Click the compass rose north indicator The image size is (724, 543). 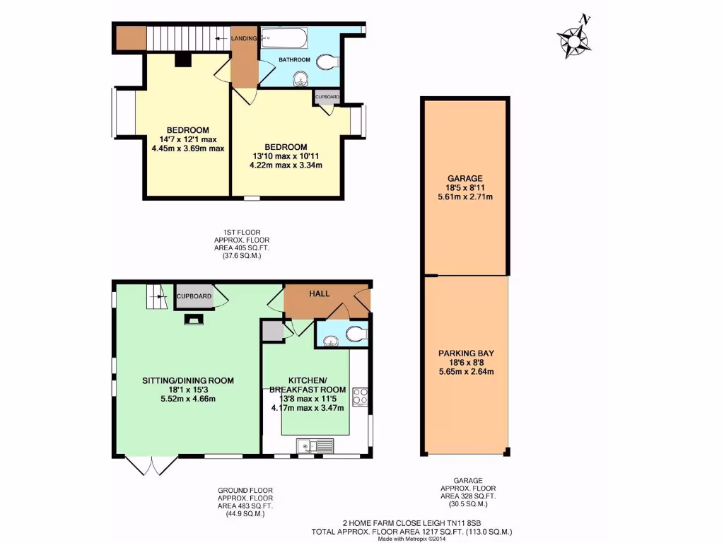tap(574, 40)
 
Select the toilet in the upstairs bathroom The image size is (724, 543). tap(327, 62)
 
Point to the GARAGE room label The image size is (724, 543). tap(465, 178)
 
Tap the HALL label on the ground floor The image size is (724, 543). tap(320, 293)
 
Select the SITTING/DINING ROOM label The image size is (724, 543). tap(188, 380)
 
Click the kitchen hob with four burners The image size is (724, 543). tap(359, 396)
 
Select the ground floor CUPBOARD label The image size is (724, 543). tap(194, 296)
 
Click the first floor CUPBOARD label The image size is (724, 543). tap(327, 97)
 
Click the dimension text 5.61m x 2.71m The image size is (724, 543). tap(465, 197)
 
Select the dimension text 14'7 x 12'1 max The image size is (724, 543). tap(187, 139)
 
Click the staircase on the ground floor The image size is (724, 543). tap(155, 296)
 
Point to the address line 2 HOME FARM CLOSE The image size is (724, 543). tap(411, 523)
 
